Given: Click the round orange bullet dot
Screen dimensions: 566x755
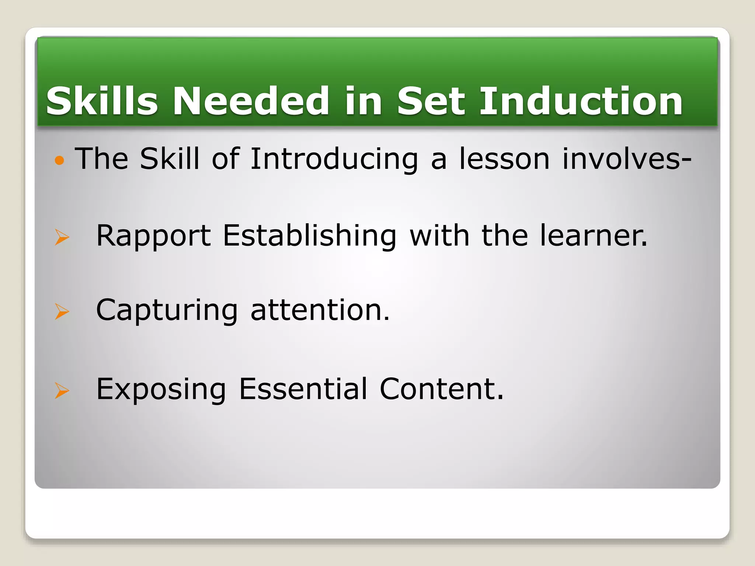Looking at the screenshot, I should tap(59, 160).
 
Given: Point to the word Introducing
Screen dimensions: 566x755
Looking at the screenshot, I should tap(334, 159).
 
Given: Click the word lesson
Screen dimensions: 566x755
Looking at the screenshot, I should tap(504, 159).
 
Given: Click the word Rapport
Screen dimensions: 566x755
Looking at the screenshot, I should tap(153, 236).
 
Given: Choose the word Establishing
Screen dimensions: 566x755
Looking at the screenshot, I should tap(310, 236).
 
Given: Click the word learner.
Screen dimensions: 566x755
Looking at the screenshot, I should tap(594, 236).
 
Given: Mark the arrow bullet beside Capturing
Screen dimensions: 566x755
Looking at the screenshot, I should tap(62, 311).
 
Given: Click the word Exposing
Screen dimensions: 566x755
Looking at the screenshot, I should tap(161, 389).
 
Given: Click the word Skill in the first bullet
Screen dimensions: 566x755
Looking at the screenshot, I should tap(170, 159).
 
